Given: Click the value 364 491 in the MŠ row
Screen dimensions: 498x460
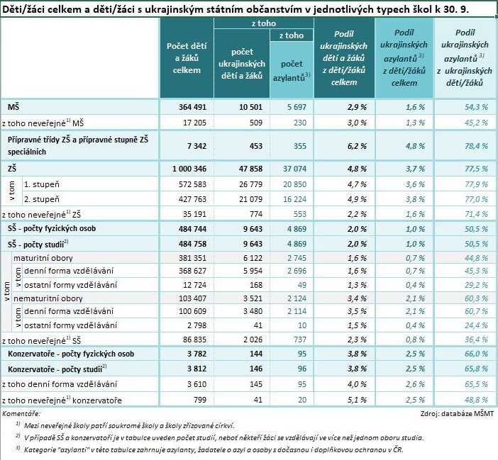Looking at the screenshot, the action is [192, 107].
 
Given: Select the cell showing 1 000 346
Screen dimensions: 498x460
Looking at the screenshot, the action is [189, 169].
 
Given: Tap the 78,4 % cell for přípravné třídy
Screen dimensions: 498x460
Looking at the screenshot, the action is [476, 146].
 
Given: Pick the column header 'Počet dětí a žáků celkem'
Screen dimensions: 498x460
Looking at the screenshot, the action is [187, 58].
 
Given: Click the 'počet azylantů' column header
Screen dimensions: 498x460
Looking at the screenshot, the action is [292, 70].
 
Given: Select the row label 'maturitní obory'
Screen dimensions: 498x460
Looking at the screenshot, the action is [43, 258].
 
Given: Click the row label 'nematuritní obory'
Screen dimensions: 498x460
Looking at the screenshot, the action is [48, 298].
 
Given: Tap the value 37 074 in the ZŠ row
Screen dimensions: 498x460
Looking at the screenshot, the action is [294, 169].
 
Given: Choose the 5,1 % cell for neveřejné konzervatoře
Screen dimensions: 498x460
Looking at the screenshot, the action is [357, 400].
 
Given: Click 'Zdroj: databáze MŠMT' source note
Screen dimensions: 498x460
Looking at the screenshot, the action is [457, 414].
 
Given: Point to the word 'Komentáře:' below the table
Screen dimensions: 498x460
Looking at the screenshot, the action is [21, 414].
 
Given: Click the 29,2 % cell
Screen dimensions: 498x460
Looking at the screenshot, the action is [476, 285].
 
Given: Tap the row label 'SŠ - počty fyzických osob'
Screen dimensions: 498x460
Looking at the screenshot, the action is [52, 229].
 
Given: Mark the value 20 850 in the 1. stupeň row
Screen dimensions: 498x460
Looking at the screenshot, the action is [294, 184].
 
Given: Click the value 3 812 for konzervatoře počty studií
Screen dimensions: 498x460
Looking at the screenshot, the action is [197, 369].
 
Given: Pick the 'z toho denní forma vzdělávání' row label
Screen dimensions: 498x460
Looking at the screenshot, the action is [60, 384].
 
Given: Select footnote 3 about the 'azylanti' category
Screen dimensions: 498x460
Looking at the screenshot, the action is [209, 449].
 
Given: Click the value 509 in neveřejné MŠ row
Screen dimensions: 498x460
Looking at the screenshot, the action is [256, 123].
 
